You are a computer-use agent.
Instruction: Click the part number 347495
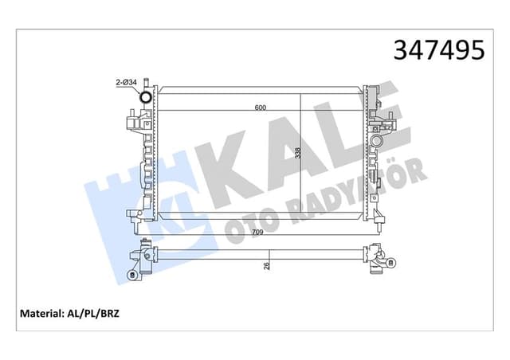[438, 49]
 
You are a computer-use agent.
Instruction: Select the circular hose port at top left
[145, 98]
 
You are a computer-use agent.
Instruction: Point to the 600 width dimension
[260, 108]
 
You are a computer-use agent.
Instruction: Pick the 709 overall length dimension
[259, 232]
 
